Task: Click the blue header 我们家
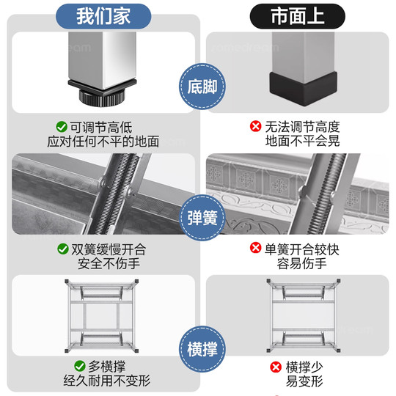(x=103, y=15)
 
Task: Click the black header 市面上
(x=297, y=15)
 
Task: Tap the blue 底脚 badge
(x=199, y=87)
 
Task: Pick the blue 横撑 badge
(x=199, y=345)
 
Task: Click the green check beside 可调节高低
(x=62, y=127)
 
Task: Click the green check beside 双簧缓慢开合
(x=62, y=249)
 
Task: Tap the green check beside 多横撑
(x=78, y=365)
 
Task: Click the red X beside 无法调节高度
(x=255, y=127)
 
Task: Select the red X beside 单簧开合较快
(x=255, y=249)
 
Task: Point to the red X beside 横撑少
(x=276, y=365)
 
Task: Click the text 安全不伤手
(x=103, y=265)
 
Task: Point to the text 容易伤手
(x=297, y=265)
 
